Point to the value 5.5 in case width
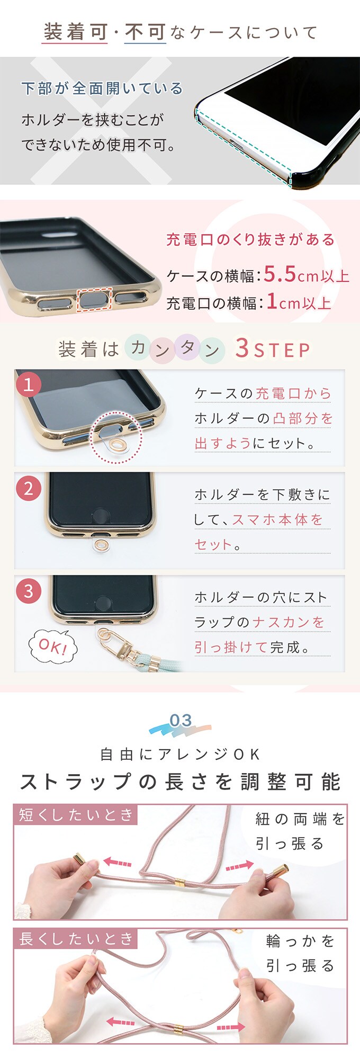[280, 274]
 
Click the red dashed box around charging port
[95, 299]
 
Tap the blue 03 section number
[181, 720]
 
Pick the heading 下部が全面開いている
[102, 88]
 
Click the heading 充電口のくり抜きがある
[250, 240]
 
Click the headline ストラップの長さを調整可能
[180, 782]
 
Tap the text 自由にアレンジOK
[180, 754]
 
